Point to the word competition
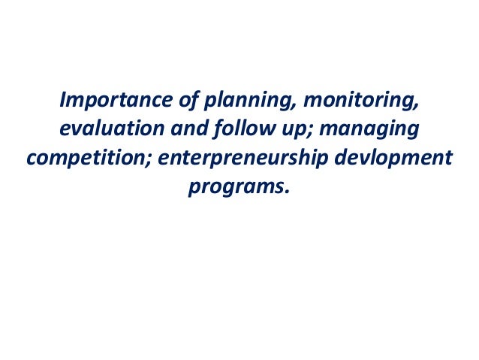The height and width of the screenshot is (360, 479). [80, 159]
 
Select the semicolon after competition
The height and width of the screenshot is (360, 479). [139, 161]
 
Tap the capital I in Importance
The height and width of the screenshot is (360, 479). [64, 100]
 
